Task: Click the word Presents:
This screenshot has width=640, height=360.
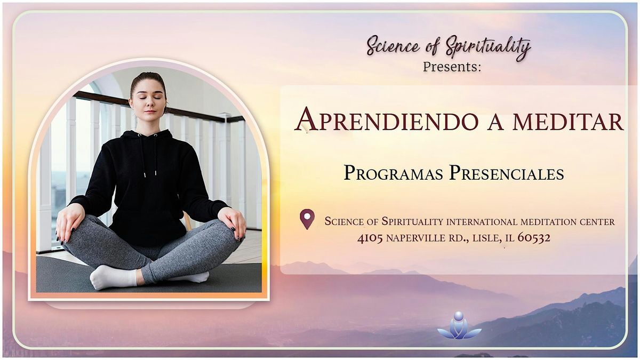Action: tap(452, 67)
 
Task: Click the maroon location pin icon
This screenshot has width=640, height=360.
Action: tap(307, 219)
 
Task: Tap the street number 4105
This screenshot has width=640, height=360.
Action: tap(370, 238)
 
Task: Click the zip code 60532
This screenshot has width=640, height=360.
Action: tap(534, 238)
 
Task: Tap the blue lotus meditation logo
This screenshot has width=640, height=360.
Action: tap(459, 326)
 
